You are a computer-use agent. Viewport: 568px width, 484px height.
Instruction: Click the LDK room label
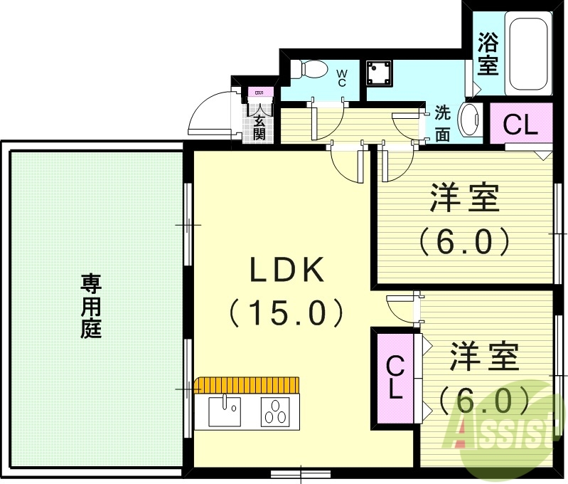tap(286, 271)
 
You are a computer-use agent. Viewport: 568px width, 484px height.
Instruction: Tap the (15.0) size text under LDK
tap(286, 311)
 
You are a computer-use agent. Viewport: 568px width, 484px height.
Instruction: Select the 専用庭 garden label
tap(90, 307)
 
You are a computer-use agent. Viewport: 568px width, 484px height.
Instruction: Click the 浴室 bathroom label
tap(487, 54)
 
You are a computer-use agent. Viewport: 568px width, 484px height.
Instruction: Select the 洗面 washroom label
tap(442, 124)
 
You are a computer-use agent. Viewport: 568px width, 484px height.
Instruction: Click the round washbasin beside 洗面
tap(470, 120)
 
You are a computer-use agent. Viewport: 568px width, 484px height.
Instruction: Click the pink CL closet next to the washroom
tap(521, 125)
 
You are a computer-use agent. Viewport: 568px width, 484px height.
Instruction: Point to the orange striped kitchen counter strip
tap(247, 385)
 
